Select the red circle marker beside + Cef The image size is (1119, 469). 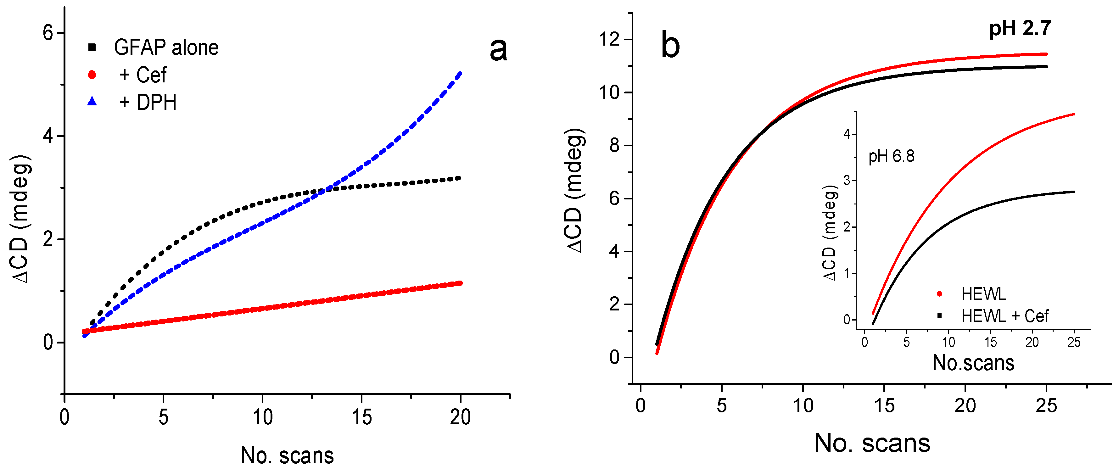coord(92,75)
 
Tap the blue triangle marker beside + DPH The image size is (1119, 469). coord(92,102)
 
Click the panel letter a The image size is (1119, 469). coord(498,49)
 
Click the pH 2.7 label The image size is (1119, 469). coord(1020,29)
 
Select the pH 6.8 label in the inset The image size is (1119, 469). coord(891,156)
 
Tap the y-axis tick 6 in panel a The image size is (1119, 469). coord(48,33)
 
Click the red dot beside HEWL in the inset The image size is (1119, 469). coord(939,294)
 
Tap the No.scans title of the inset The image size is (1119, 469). coord(973,363)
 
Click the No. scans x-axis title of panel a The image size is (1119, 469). coord(287,455)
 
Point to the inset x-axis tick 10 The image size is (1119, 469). coord(948,342)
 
